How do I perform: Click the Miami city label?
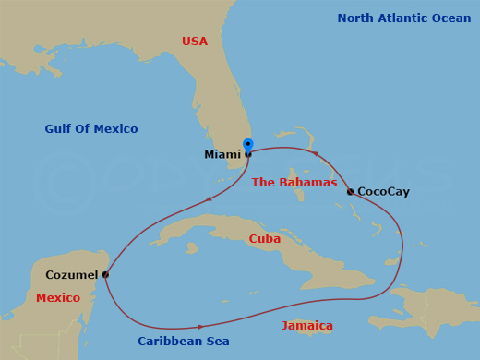[222, 154]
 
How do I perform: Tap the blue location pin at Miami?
[247, 145]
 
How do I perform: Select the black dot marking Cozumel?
[105, 274]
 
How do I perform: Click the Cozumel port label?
[71, 275]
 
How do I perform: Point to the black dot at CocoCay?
[350, 192]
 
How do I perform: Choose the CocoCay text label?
[383, 192]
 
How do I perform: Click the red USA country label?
[195, 42]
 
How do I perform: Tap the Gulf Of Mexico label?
[91, 129]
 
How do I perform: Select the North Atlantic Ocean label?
[404, 18]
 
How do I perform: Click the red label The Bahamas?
[294, 183]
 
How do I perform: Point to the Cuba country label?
[265, 239]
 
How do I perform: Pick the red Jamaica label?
[307, 326]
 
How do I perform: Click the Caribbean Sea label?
[184, 342]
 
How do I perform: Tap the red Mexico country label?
[58, 298]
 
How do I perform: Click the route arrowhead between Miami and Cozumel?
[210, 198]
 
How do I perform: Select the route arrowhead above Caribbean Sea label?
[200, 326]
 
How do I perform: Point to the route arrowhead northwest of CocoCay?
[316, 154]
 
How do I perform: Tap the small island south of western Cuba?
[192, 248]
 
